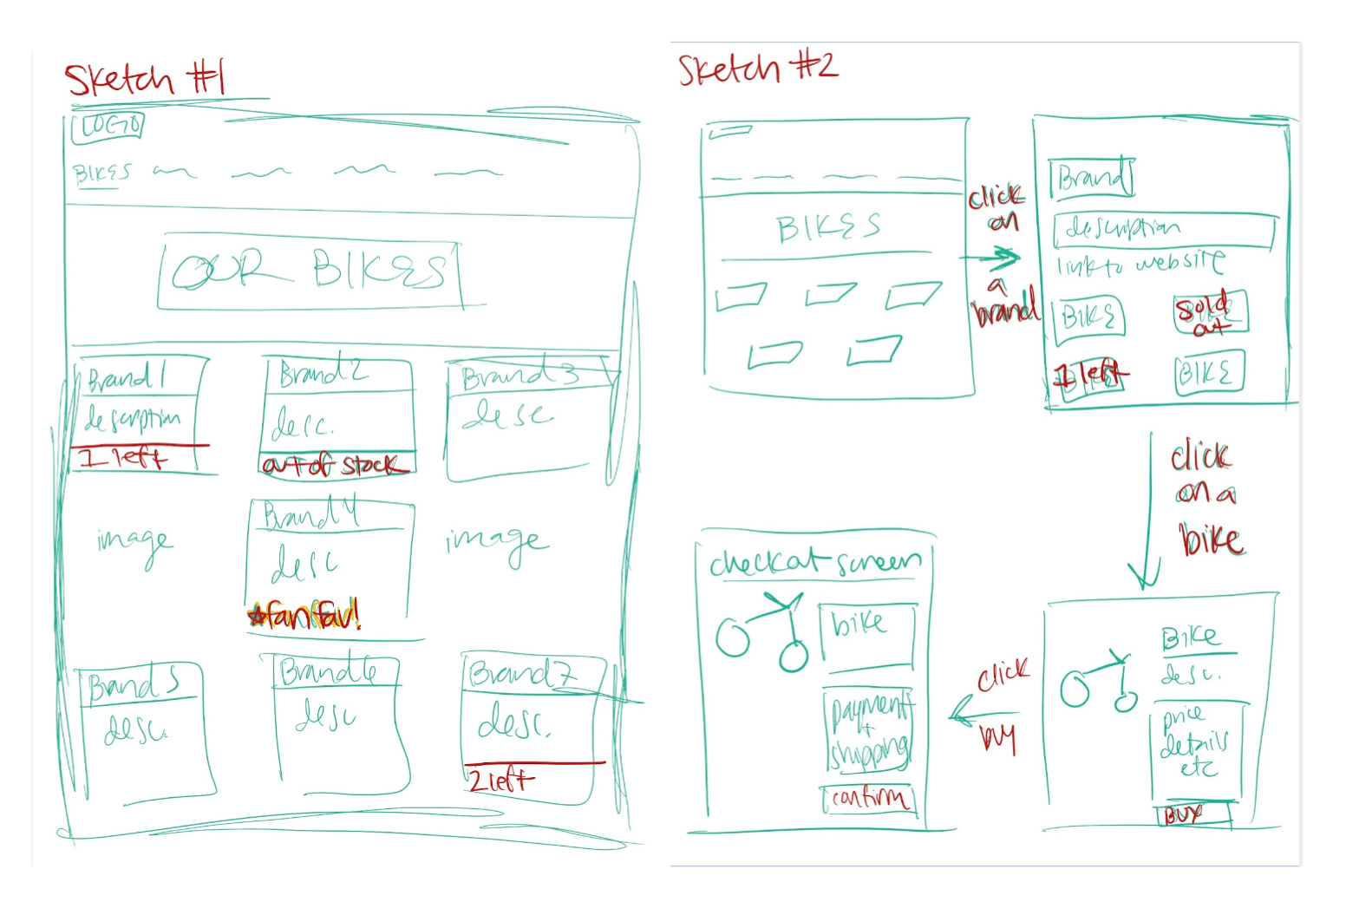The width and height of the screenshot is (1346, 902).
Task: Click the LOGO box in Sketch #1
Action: (108, 127)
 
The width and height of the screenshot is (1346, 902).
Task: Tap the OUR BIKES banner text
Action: (310, 271)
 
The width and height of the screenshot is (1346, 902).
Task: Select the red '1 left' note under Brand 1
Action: (122, 457)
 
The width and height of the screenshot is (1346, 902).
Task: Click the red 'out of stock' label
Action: (335, 466)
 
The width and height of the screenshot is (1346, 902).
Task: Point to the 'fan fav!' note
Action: (304, 616)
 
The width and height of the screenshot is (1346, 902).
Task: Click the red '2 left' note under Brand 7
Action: (500, 780)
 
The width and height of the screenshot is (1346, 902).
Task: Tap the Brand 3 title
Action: (519, 375)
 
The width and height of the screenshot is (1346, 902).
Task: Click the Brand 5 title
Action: (134, 684)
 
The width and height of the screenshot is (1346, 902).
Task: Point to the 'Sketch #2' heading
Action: (757, 69)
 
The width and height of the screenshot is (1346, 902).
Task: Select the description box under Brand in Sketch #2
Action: (1162, 230)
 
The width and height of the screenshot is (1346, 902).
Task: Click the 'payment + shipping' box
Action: (869, 730)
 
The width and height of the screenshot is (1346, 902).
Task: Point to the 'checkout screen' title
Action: (813, 563)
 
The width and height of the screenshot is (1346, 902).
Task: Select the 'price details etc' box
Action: (1195, 746)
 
